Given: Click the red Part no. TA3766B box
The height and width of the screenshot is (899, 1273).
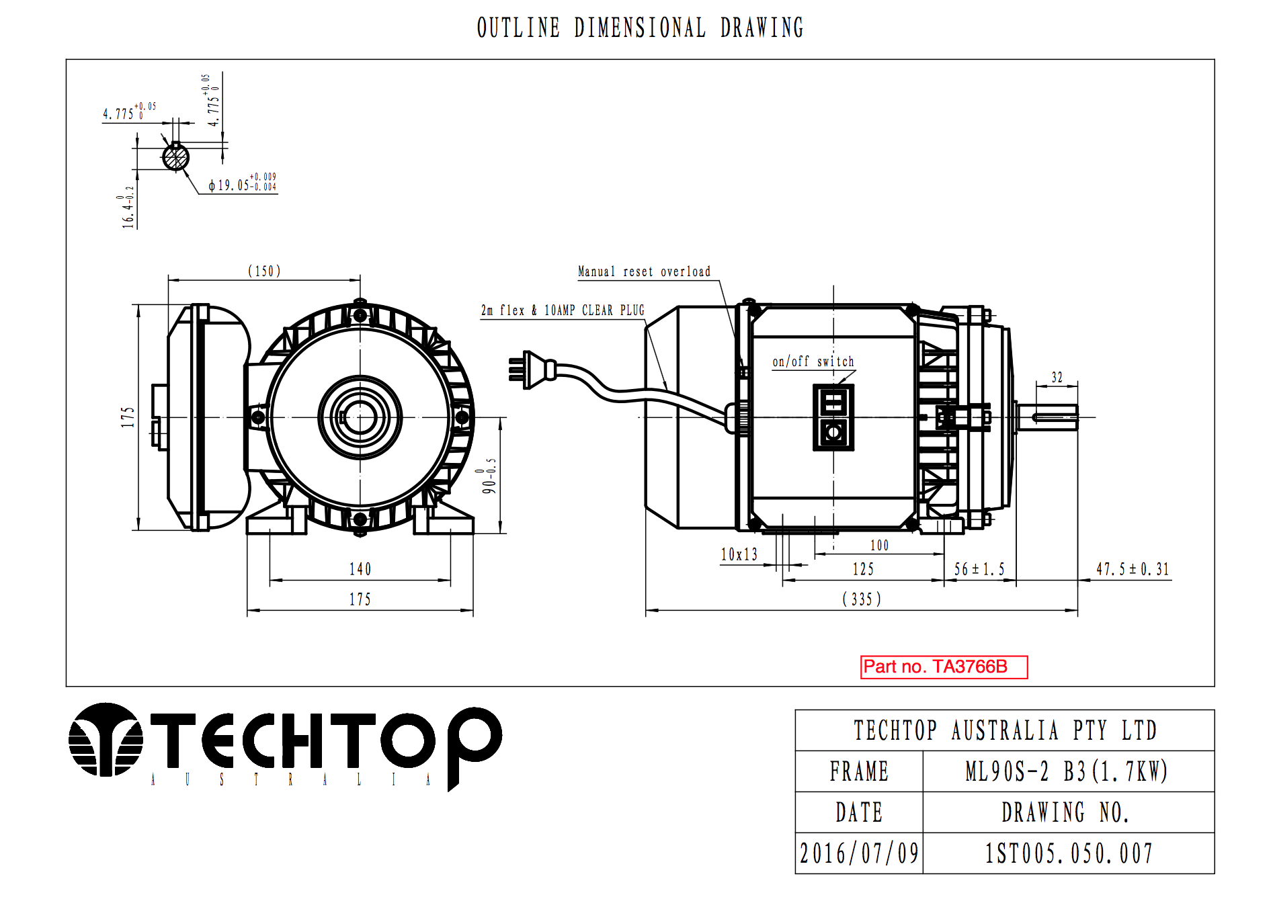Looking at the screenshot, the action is tap(944, 667).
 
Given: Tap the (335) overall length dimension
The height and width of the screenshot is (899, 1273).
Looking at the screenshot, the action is tap(862, 599).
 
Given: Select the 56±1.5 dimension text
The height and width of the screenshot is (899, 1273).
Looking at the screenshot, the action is tap(979, 570).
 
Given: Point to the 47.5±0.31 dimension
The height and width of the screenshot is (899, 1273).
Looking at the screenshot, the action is tap(1133, 570).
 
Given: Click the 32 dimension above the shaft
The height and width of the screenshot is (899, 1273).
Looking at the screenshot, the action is tap(1057, 378).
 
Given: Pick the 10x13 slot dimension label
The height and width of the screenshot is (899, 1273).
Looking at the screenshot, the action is tap(739, 554).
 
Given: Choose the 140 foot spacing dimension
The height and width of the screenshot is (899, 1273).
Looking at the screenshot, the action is tap(360, 570).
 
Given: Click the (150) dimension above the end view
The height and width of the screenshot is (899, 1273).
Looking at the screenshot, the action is tap(264, 271).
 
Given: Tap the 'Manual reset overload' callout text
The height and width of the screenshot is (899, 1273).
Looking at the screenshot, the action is tap(644, 271).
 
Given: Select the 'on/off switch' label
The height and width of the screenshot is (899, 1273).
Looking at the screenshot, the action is tap(813, 361).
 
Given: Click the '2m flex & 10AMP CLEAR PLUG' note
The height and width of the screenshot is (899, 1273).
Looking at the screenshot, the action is tap(563, 310).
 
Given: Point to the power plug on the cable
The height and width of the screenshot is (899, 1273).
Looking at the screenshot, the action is tap(532, 370).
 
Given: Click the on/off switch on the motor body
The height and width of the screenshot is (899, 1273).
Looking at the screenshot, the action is tap(833, 417).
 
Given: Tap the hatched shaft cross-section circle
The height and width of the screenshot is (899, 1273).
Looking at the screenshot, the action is tap(175, 158).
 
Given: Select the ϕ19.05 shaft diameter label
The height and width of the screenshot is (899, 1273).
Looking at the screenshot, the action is tap(242, 183).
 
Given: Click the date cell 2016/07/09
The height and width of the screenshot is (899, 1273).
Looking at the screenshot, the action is tap(859, 854).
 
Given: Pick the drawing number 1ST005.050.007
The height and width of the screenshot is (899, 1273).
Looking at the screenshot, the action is tap(1069, 854).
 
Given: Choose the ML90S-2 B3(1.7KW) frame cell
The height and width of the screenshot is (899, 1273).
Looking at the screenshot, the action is tap(1067, 771).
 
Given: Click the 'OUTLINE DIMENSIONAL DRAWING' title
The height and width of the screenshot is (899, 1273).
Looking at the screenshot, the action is tap(640, 28).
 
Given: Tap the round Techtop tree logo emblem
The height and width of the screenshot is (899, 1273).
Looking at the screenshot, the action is tap(106, 740).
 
